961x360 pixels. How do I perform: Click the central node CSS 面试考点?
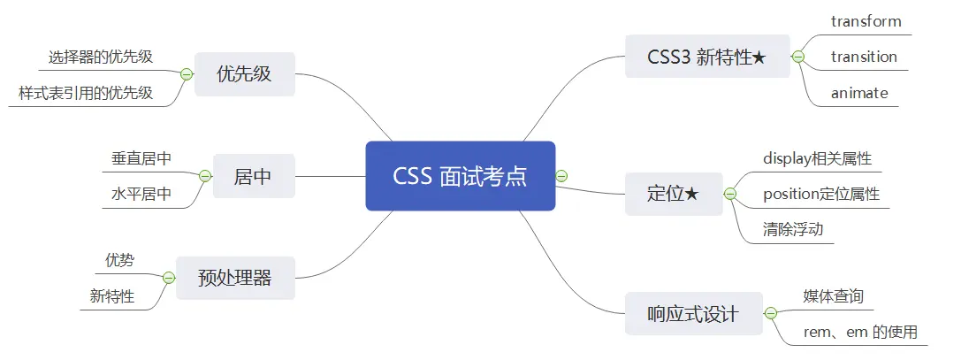tap(460, 176)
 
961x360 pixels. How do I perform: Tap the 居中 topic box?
tap(253, 176)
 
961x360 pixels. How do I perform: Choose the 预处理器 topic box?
tap(234, 278)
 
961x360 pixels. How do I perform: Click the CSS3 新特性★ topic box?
tap(706, 57)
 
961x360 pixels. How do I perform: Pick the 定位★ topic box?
tap(673, 194)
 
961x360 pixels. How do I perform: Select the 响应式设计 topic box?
tap(693, 313)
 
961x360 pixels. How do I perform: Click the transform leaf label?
tap(866, 21)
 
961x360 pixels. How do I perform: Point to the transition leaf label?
tap(864, 57)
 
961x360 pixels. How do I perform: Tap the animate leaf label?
tap(859, 92)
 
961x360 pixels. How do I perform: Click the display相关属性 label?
tap(817, 158)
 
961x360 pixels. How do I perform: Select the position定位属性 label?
tap(821, 194)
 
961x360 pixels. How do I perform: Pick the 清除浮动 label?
tap(793, 229)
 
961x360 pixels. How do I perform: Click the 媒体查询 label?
tap(833, 295)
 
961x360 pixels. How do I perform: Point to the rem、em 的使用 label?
tap(859, 332)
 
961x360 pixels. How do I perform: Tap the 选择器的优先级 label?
tap(100, 57)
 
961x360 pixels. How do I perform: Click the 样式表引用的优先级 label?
tap(86, 93)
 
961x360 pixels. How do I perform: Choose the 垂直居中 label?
tap(141, 158)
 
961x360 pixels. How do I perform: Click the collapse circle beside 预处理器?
tap(169, 278)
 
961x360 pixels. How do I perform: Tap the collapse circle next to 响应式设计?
tap(770, 313)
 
